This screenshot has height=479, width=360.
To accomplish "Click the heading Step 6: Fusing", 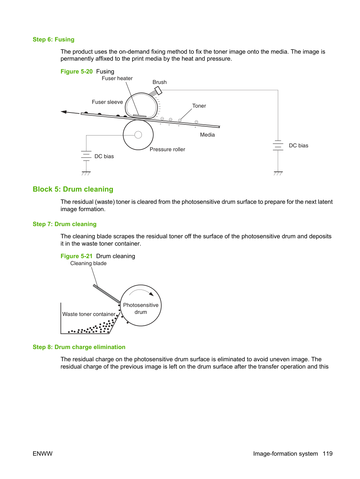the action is [x=53, y=39].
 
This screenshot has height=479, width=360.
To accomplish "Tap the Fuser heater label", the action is [x=117, y=78].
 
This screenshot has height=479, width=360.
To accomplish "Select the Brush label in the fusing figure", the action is [x=159, y=82].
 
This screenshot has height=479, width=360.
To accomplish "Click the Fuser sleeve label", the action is [x=107, y=102].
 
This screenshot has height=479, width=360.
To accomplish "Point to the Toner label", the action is [x=199, y=106].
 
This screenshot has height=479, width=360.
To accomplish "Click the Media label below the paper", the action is [x=207, y=135].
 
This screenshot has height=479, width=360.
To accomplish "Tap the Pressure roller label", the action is [x=167, y=149].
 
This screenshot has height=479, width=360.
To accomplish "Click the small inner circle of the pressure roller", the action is [x=138, y=135].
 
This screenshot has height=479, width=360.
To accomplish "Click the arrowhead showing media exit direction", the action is [x=63, y=112].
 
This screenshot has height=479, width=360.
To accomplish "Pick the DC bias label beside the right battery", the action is [x=298, y=146].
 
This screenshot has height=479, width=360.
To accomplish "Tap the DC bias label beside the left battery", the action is [x=104, y=156].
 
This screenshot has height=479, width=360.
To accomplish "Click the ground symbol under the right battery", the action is [x=278, y=173].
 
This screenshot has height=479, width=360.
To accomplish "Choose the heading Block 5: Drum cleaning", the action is [x=73, y=189].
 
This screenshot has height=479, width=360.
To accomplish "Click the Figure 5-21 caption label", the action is [x=76, y=256].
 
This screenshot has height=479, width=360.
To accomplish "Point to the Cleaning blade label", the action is [x=88, y=263].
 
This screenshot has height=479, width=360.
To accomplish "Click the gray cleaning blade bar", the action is [x=107, y=294].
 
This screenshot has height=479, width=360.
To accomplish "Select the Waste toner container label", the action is [x=89, y=314].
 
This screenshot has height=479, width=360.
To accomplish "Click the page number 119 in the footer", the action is [x=328, y=454].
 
